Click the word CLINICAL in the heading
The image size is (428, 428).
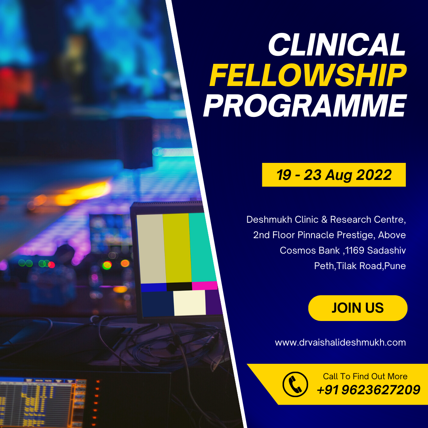pos(337,44)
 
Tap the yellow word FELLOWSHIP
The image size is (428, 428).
pos(308,75)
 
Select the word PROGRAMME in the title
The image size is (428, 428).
pos(305,106)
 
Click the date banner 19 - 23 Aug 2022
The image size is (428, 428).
pos(334,175)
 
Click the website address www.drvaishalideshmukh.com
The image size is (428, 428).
pos(340,342)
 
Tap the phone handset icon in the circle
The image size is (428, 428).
pos(295,384)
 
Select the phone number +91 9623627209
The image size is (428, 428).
pos(369,390)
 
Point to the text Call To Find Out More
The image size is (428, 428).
pos(365,376)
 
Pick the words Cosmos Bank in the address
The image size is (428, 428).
pos(310,250)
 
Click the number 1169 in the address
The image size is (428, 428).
pos(354,250)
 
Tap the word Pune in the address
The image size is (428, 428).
pos(395,266)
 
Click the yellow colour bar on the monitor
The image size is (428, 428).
pos(178,248)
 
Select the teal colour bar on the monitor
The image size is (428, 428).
pos(202,247)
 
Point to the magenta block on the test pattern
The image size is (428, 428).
pos(205,285)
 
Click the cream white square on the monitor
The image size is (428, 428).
pos(190,303)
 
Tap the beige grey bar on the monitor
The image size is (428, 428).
pos(151,248)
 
